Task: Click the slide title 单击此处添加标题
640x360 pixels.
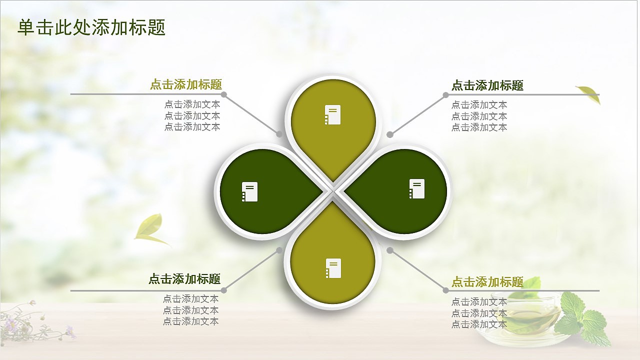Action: coord(91,27)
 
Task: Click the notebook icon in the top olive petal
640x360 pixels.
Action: coord(332,114)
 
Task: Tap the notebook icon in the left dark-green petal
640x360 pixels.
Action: coord(250,191)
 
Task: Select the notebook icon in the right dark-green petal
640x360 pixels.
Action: coord(416,188)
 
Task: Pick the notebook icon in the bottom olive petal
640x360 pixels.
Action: coord(333,268)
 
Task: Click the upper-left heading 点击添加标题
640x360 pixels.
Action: coord(186,84)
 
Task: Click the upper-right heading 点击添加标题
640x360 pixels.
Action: coord(487,85)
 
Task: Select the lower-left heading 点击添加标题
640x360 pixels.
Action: coord(184,279)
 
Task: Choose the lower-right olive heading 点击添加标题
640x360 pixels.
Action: coord(487,282)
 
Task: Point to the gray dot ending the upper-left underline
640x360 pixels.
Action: coord(224,94)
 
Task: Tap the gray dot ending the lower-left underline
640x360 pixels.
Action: coord(224,290)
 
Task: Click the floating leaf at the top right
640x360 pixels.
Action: coord(589,94)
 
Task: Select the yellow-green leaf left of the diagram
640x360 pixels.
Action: coord(150,229)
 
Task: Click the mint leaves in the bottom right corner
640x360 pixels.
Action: coord(582,317)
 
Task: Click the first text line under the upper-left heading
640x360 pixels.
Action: coord(192,104)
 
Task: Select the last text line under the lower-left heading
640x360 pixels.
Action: coord(191,321)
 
